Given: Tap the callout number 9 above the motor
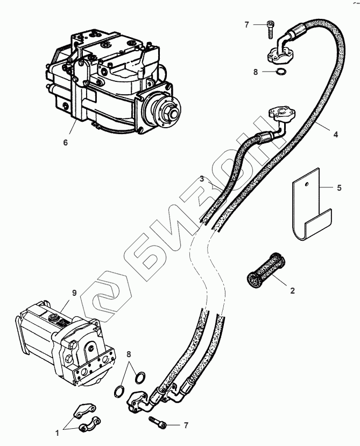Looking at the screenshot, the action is [x=75, y=293].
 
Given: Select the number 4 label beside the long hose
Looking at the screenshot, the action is [x=335, y=135].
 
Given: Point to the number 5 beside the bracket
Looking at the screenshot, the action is [x=339, y=189].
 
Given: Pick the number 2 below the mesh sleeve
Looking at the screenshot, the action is [x=292, y=291].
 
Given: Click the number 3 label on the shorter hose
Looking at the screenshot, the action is [x=201, y=178].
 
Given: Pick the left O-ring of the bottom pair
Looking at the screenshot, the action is [x=121, y=389].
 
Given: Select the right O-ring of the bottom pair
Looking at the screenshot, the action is [x=139, y=376].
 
